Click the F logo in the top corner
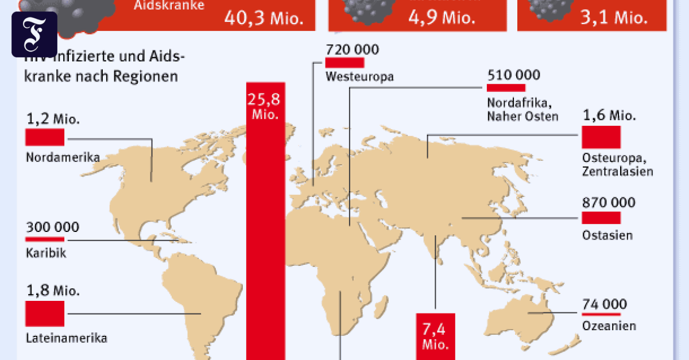[34, 34]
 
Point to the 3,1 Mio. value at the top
[623, 17]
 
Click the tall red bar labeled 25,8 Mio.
[265, 230]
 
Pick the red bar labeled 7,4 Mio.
[435, 336]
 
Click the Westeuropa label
[359, 76]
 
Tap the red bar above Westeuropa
[344, 62]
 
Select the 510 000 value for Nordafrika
[513, 75]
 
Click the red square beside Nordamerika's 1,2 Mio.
[45, 137]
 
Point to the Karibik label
[46, 253]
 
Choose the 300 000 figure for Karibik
[52, 227]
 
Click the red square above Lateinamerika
[45, 314]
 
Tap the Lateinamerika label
[67, 338]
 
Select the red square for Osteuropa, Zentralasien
[601, 137]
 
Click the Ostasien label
[607, 235]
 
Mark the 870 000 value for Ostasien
[608, 202]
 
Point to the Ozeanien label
[609, 326]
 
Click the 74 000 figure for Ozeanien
[604, 304]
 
